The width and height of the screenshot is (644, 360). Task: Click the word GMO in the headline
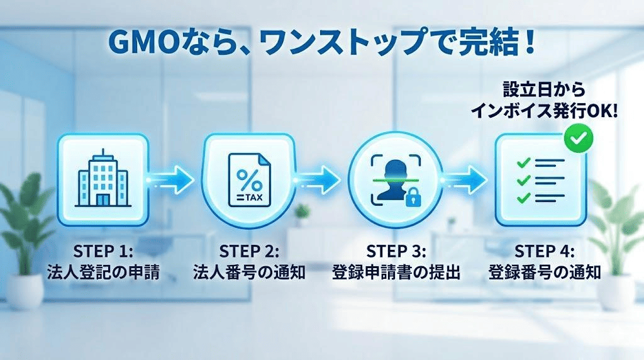click(x=138, y=43)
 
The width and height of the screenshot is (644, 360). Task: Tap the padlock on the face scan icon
click(x=413, y=200)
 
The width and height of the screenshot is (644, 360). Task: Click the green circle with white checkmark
click(x=579, y=139)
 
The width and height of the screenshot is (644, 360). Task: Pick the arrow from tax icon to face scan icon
click(x=318, y=179)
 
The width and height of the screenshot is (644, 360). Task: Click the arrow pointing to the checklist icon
click(x=464, y=179)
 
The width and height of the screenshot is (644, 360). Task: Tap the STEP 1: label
click(x=103, y=250)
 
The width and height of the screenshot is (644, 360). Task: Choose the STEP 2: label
click(x=249, y=250)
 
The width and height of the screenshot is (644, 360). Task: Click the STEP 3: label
click(x=396, y=250)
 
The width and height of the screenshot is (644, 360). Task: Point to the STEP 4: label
click(x=544, y=250)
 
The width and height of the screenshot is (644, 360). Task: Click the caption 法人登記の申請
click(x=103, y=272)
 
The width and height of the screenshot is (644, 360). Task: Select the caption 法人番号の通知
click(x=249, y=272)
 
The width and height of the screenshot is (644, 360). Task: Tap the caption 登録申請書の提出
click(x=396, y=272)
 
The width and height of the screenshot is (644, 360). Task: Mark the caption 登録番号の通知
click(x=545, y=272)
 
